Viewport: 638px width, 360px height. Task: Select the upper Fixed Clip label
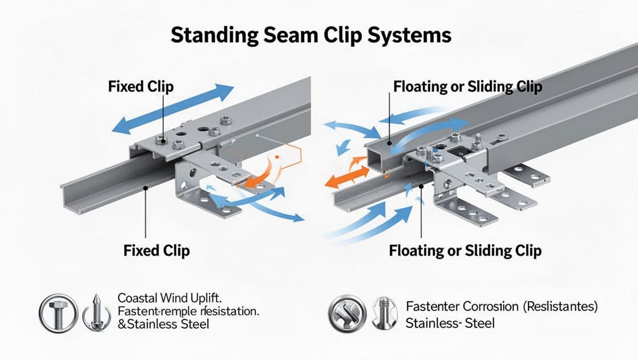coord(140,87)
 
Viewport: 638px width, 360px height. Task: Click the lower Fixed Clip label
coord(156,250)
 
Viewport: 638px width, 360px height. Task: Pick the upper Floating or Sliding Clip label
coord(468,87)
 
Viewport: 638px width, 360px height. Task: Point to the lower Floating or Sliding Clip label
coord(465,250)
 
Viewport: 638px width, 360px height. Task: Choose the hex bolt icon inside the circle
coord(56,312)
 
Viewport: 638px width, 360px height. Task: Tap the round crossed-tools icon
coord(348,312)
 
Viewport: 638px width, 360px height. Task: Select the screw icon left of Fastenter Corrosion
coord(384,312)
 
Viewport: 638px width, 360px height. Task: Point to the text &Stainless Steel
coord(163,323)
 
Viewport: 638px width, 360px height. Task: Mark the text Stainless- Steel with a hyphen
coord(449,323)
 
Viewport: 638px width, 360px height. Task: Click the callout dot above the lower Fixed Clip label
coord(146,188)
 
